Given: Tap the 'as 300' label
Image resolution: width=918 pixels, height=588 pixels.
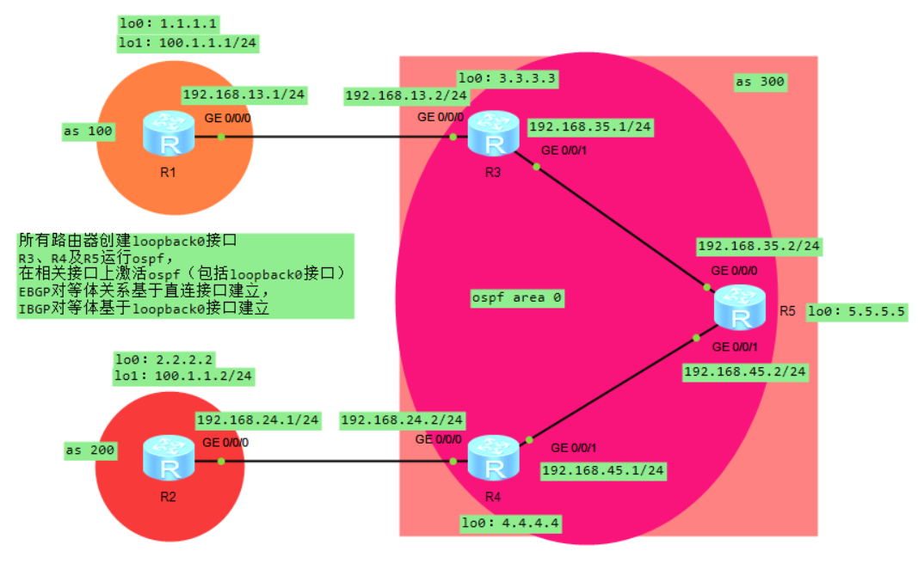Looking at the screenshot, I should point(760,83).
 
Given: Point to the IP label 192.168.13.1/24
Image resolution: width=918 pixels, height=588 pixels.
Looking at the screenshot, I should point(244,95).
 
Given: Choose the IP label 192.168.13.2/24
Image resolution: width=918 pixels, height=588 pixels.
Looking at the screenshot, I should point(406,96).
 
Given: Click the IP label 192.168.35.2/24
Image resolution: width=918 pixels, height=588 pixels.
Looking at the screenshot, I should point(758,246).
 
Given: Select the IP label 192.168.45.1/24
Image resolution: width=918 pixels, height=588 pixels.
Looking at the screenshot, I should point(602,470).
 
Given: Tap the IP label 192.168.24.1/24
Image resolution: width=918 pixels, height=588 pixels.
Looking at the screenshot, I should point(257,420).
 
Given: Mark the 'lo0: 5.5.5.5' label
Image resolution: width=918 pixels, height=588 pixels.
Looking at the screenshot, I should point(856,312).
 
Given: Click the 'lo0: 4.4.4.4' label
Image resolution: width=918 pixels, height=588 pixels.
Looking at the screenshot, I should point(510,522).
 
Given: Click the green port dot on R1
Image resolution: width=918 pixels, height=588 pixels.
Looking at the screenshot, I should point(221,136).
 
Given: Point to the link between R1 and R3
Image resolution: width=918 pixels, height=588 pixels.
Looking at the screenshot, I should point(336,136).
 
